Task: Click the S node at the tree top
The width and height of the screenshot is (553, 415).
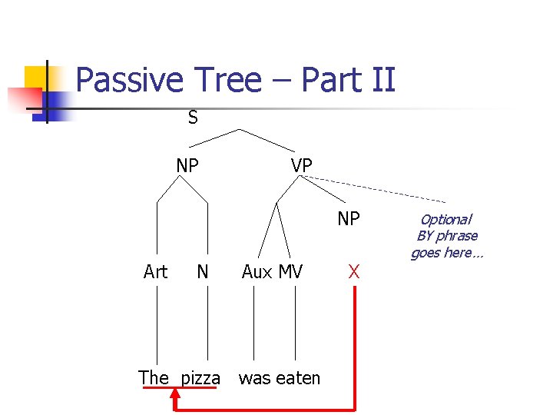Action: pyautogui.click(x=193, y=118)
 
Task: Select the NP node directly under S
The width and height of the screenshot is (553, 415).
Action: pyautogui.click(x=187, y=165)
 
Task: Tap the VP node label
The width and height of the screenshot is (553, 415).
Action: pyautogui.click(x=302, y=165)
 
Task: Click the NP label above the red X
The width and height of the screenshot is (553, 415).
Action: pyautogui.click(x=349, y=219)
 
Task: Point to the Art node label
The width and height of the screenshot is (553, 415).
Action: pyautogui.click(x=155, y=271)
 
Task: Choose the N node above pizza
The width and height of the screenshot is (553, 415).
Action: pyautogui.click(x=203, y=271)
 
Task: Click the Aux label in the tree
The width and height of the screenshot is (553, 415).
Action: pyautogui.click(x=257, y=271)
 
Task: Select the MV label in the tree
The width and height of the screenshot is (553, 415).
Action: pyautogui.click(x=291, y=271)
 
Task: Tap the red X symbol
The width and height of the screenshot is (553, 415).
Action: pyautogui.click(x=354, y=271)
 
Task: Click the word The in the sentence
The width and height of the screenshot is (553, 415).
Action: pyautogui.click(x=154, y=377)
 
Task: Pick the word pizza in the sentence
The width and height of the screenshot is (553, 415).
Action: pyautogui.click(x=200, y=378)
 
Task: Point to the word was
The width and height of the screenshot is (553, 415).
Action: pyautogui.click(x=255, y=378)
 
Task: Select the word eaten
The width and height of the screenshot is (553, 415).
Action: pyautogui.click(x=299, y=378)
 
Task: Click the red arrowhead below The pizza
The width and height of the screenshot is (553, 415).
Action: pyautogui.click(x=175, y=394)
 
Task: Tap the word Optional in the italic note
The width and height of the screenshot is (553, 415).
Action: pyautogui.click(x=445, y=220)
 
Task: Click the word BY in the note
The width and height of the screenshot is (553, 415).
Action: pyautogui.click(x=426, y=236)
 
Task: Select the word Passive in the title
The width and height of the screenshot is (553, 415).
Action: pyautogui.click(x=131, y=79)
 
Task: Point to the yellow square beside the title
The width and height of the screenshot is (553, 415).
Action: pyautogui.click(x=38, y=78)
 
